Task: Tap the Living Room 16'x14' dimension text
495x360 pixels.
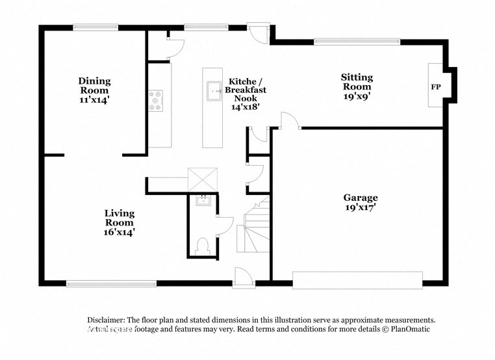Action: click(120, 231)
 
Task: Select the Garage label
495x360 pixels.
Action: click(360, 198)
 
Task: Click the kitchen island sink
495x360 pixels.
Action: click(212, 92)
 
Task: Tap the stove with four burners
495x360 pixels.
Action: click(156, 100)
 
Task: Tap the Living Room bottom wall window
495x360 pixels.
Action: click(111, 283)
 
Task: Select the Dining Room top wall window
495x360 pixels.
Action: click(95, 27)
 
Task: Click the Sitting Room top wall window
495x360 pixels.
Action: click(357, 42)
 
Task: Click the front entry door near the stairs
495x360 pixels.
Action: click(244, 277)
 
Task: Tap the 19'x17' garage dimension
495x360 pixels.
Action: click(360, 208)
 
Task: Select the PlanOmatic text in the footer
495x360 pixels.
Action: click(407, 329)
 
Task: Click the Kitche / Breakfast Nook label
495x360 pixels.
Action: click(246, 94)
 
